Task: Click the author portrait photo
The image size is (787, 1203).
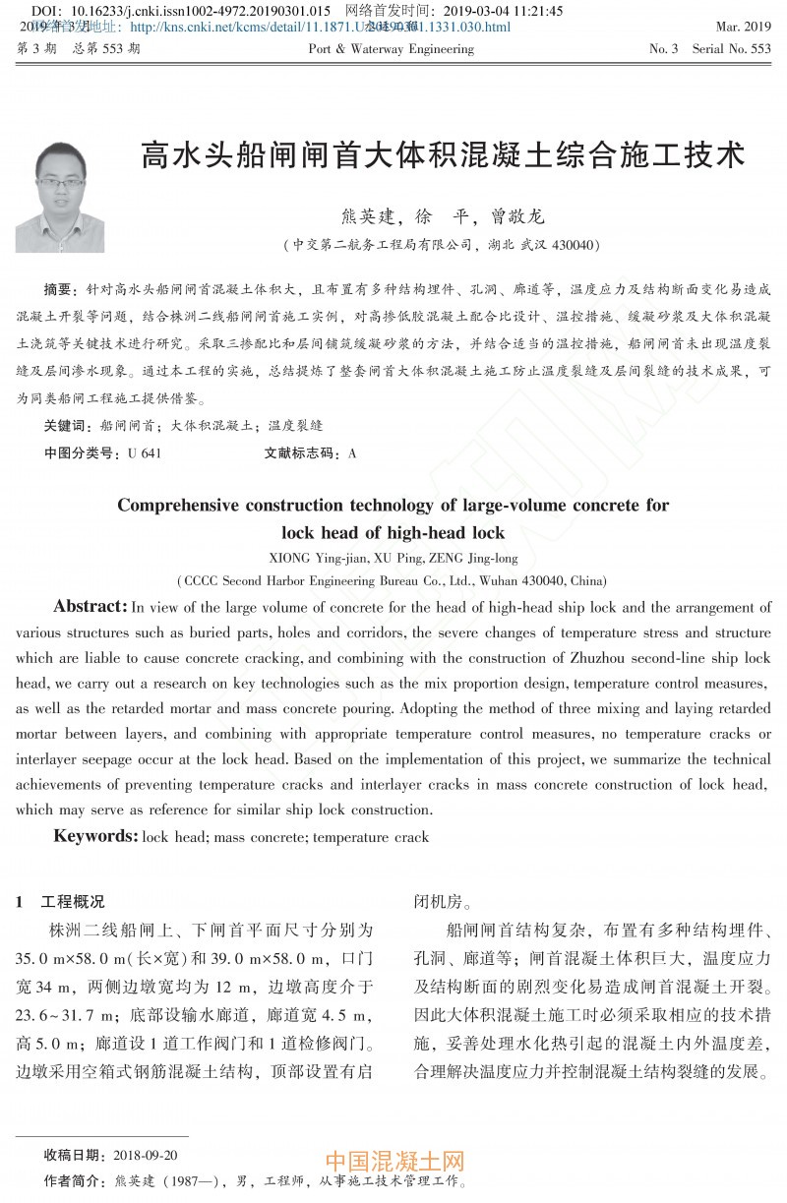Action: [x=59, y=197]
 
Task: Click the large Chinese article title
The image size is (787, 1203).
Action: [x=443, y=154]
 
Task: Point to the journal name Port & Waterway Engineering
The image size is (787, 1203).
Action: [x=391, y=48]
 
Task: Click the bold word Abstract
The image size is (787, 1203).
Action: [x=90, y=607]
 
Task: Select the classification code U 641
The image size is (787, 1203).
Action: [x=144, y=453]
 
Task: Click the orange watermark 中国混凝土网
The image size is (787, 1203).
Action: [x=393, y=1163]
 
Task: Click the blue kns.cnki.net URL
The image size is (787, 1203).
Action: [x=320, y=28]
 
